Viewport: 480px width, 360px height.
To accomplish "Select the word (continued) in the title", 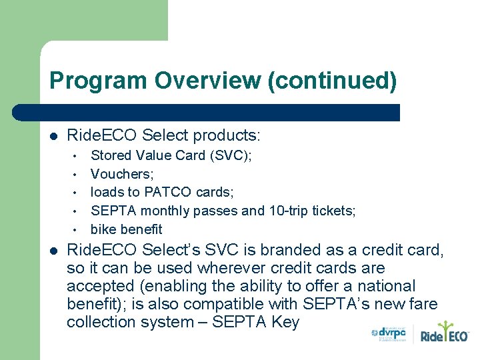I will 331,81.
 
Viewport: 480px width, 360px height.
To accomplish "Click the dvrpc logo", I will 389,334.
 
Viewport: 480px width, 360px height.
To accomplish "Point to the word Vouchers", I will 121,174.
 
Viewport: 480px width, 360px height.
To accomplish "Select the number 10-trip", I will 289,211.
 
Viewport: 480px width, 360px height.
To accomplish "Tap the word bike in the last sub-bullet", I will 103,229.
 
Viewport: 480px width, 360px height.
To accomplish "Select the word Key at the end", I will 285,322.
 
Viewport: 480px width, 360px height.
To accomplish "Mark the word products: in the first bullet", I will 227,136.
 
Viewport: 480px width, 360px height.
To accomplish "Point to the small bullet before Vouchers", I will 77,175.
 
